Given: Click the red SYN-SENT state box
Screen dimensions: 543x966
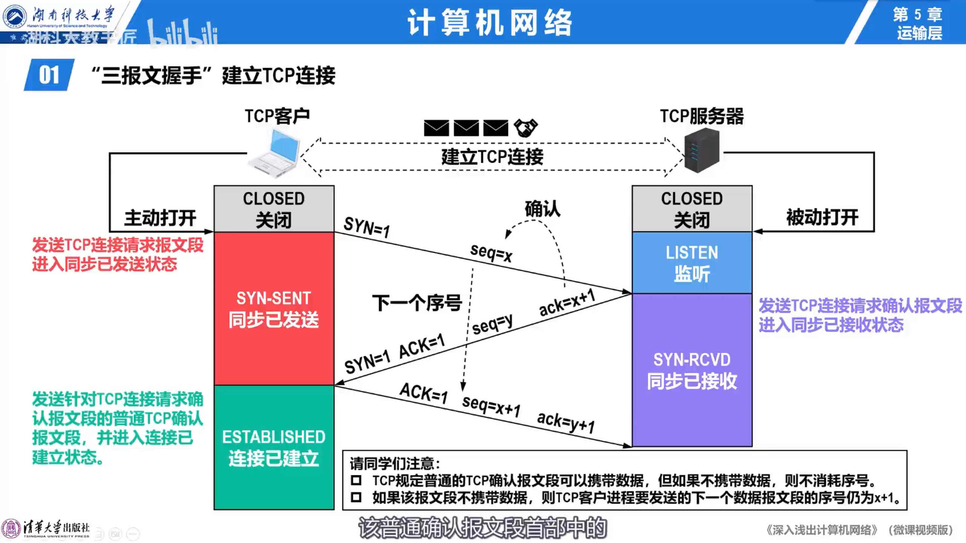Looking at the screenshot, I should pyautogui.click(x=274, y=308).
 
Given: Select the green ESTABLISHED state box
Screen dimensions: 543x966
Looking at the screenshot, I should pyautogui.click(x=274, y=448).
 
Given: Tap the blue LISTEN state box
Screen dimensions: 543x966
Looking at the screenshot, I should pyautogui.click(x=692, y=263).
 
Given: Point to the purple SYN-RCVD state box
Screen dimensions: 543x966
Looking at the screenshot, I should pyautogui.click(x=692, y=370).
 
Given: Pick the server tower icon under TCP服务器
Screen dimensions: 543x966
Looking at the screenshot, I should pyautogui.click(x=702, y=150).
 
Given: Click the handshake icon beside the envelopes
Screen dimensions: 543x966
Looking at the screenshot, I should pyautogui.click(x=526, y=128).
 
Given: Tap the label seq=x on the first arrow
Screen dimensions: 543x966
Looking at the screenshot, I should pyautogui.click(x=491, y=253).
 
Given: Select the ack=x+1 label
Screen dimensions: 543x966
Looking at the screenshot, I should pyautogui.click(x=567, y=302).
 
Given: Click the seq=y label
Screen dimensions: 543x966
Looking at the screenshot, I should pyautogui.click(x=492, y=324).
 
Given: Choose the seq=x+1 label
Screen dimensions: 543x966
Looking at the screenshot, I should pyautogui.click(x=491, y=405).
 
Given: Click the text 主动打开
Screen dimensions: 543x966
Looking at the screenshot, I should pyautogui.click(x=160, y=218).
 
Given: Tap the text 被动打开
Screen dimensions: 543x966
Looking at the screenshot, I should pyautogui.click(x=822, y=218).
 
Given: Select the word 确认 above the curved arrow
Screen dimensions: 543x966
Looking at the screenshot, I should pyautogui.click(x=542, y=209).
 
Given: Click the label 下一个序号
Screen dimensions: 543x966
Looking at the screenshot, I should pyautogui.click(x=417, y=303).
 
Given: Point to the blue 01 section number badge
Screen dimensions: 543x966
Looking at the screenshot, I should pyautogui.click(x=49, y=75).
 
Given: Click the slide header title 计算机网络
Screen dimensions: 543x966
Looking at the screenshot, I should pyautogui.click(x=490, y=23).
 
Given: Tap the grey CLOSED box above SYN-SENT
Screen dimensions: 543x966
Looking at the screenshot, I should pyautogui.click(x=274, y=209).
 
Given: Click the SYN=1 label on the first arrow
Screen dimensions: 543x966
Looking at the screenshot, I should pyautogui.click(x=366, y=227).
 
